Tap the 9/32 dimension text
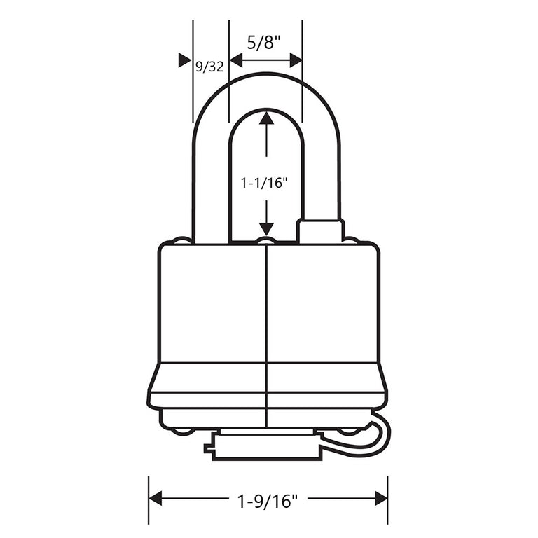(209, 67)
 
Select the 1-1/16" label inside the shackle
(265, 183)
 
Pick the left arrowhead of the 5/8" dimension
(235, 61)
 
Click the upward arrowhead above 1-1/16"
(266, 118)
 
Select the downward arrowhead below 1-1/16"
(266, 228)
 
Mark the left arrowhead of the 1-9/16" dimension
(156, 498)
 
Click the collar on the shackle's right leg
(321, 231)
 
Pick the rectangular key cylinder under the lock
(267, 446)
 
